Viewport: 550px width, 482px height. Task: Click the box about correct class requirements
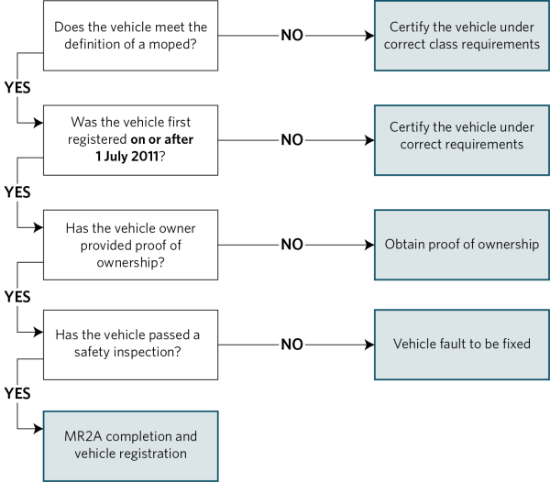pyautogui.click(x=461, y=36)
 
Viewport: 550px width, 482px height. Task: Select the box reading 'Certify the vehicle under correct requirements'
pyautogui.click(x=461, y=140)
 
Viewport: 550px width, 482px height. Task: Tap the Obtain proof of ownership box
pyautogui.click(x=461, y=245)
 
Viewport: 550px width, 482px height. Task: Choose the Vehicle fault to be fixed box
pyautogui.click(x=461, y=345)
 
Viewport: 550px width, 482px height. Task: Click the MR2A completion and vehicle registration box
pyautogui.click(x=130, y=445)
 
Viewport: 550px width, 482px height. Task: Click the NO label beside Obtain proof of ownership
pyautogui.click(x=291, y=245)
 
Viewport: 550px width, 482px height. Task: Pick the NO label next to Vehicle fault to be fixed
pyautogui.click(x=291, y=345)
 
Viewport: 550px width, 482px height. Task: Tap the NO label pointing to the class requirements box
pyautogui.click(x=291, y=36)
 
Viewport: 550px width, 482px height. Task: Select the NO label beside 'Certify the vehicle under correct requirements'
pyautogui.click(x=291, y=140)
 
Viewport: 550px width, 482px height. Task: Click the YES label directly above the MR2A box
pyautogui.click(x=17, y=393)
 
